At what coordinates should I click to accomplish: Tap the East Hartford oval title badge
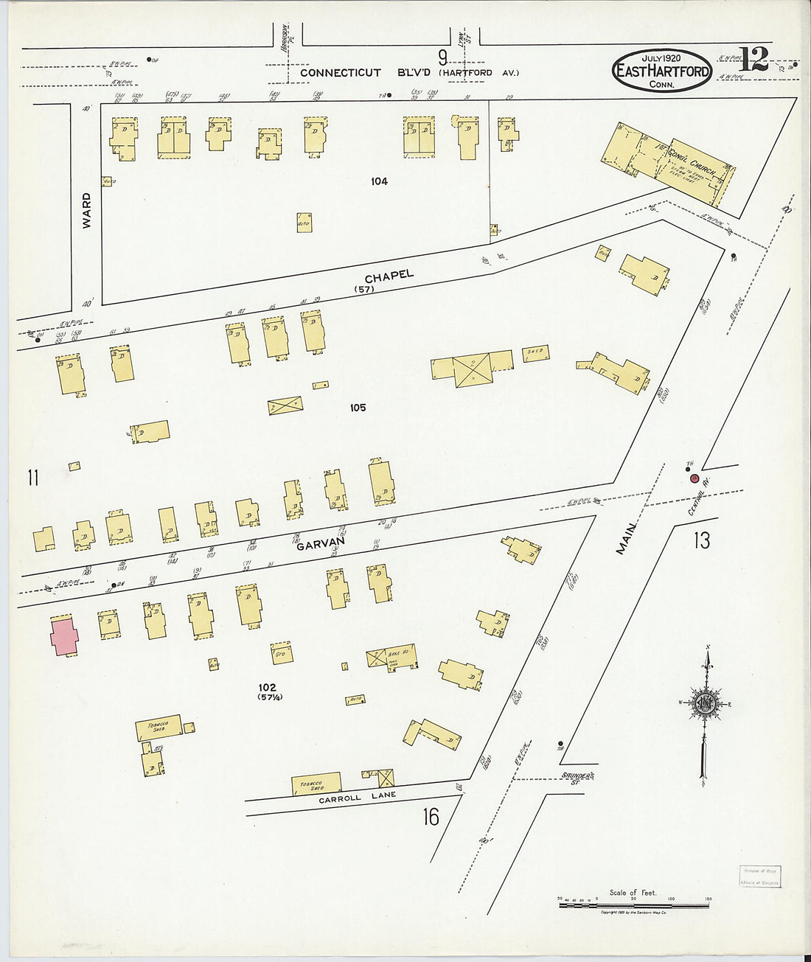click(x=662, y=71)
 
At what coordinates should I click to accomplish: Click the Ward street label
click(x=87, y=210)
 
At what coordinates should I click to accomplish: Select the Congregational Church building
click(x=667, y=161)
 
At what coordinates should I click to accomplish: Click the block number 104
click(x=379, y=181)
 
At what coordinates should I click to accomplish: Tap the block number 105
click(x=358, y=408)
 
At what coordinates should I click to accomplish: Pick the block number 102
click(x=267, y=688)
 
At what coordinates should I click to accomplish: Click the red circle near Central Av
click(x=694, y=478)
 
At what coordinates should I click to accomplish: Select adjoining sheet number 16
click(x=431, y=817)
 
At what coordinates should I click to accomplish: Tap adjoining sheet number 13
click(x=701, y=541)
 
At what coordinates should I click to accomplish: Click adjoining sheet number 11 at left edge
click(x=32, y=478)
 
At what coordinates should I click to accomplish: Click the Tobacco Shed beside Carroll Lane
click(x=316, y=784)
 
